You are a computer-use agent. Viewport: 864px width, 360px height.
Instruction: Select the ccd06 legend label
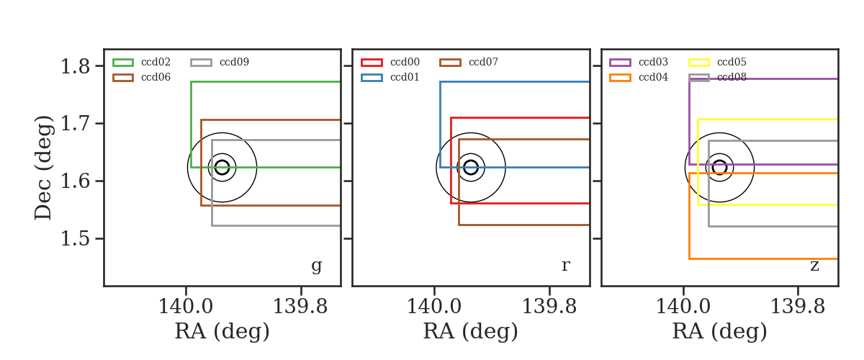pos(156,77)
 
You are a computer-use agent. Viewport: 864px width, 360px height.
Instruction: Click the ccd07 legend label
pos(483,62)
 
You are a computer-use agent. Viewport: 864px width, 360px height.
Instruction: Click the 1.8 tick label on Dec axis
pos(75,66)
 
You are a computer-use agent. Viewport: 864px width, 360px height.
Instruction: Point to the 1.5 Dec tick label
pos(75,239)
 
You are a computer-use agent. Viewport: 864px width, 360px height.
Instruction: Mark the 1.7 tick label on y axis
pos(75,124)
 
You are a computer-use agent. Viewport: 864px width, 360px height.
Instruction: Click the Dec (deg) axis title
pos(42,168)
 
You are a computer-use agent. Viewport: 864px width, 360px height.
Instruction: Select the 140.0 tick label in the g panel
pos(186,307)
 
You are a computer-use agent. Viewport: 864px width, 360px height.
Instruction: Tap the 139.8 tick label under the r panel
pos(549,307)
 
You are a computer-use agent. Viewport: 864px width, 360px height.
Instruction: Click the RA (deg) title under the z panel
pos(719,332)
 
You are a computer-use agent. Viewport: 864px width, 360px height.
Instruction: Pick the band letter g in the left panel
pos(317,266)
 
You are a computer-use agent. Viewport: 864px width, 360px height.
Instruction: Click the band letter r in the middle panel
pos(565,266)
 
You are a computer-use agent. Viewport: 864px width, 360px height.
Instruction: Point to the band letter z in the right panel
pos(814,266)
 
